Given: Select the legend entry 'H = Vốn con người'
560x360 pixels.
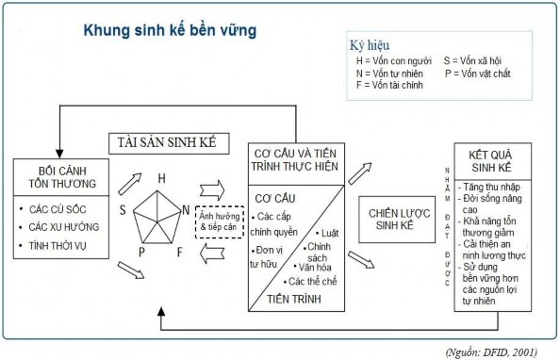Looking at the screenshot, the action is (390, 60).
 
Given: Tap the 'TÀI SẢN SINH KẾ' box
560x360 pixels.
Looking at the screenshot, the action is (166, 142).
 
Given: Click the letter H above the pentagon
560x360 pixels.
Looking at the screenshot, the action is (161, 178).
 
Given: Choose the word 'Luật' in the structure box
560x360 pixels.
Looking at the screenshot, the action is (330, 231).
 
